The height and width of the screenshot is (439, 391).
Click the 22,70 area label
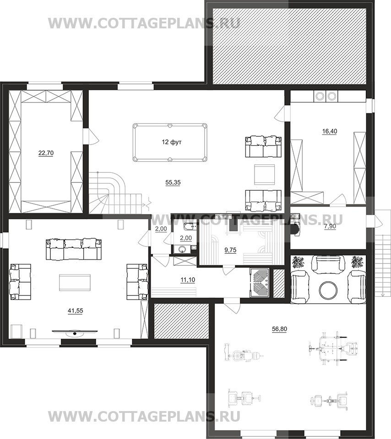[x=46, y=153]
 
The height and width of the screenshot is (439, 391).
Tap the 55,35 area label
[x=173, y=182]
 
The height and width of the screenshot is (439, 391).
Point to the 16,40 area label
[x=330, y=131]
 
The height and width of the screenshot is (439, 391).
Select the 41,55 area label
[x=76, y=311]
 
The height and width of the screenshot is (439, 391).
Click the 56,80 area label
[x=279, y=329]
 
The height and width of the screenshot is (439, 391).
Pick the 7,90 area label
[x=330, y=227]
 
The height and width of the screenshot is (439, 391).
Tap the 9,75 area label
[x=230, y=250]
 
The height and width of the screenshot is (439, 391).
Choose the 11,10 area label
[x=188, y=280]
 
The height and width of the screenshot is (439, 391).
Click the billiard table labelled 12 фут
[x=170, y=143]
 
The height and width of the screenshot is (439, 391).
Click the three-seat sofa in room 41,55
[x=73, y=249]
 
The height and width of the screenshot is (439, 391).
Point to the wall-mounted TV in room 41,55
[x=75, y=332]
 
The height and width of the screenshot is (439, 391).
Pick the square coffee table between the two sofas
[x=264, y=174]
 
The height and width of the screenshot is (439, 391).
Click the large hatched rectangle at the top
[x=289, y=46]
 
